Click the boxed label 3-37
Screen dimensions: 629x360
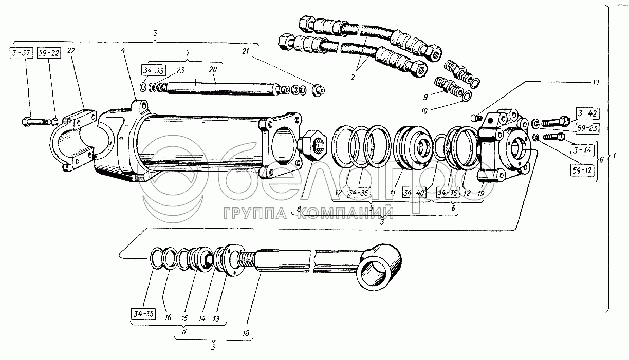pyautogui.click(x=22, y=53)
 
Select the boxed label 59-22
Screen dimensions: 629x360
pyautogui.click(x=49, y=53)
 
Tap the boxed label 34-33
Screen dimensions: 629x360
pyautogui.click(x=153, y=71)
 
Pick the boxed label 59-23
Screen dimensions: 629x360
pyautogui.click(x=587, y=128)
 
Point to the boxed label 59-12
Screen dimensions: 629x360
pyautogui.click(x=582, y=170)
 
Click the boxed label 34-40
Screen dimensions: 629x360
pyautogui.click(x=414, y=193)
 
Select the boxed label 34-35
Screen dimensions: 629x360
pyautogui.click(x=143, y=314)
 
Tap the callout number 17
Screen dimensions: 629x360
pyautogui.click(x=596, y=82)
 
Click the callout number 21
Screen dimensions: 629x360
pyautogui.click(x=246, y=51)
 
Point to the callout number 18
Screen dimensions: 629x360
pyautogui.click(x=246, y=333)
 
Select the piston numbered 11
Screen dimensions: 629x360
pyautogui.click(x=413, y=148)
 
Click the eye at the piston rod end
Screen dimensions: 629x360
pyautogui.click(x=379, y=267)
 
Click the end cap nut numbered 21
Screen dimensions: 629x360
pyautogui.click(x=319, y=90)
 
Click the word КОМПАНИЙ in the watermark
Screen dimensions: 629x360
pyautogui.click(x=345, y=213)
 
